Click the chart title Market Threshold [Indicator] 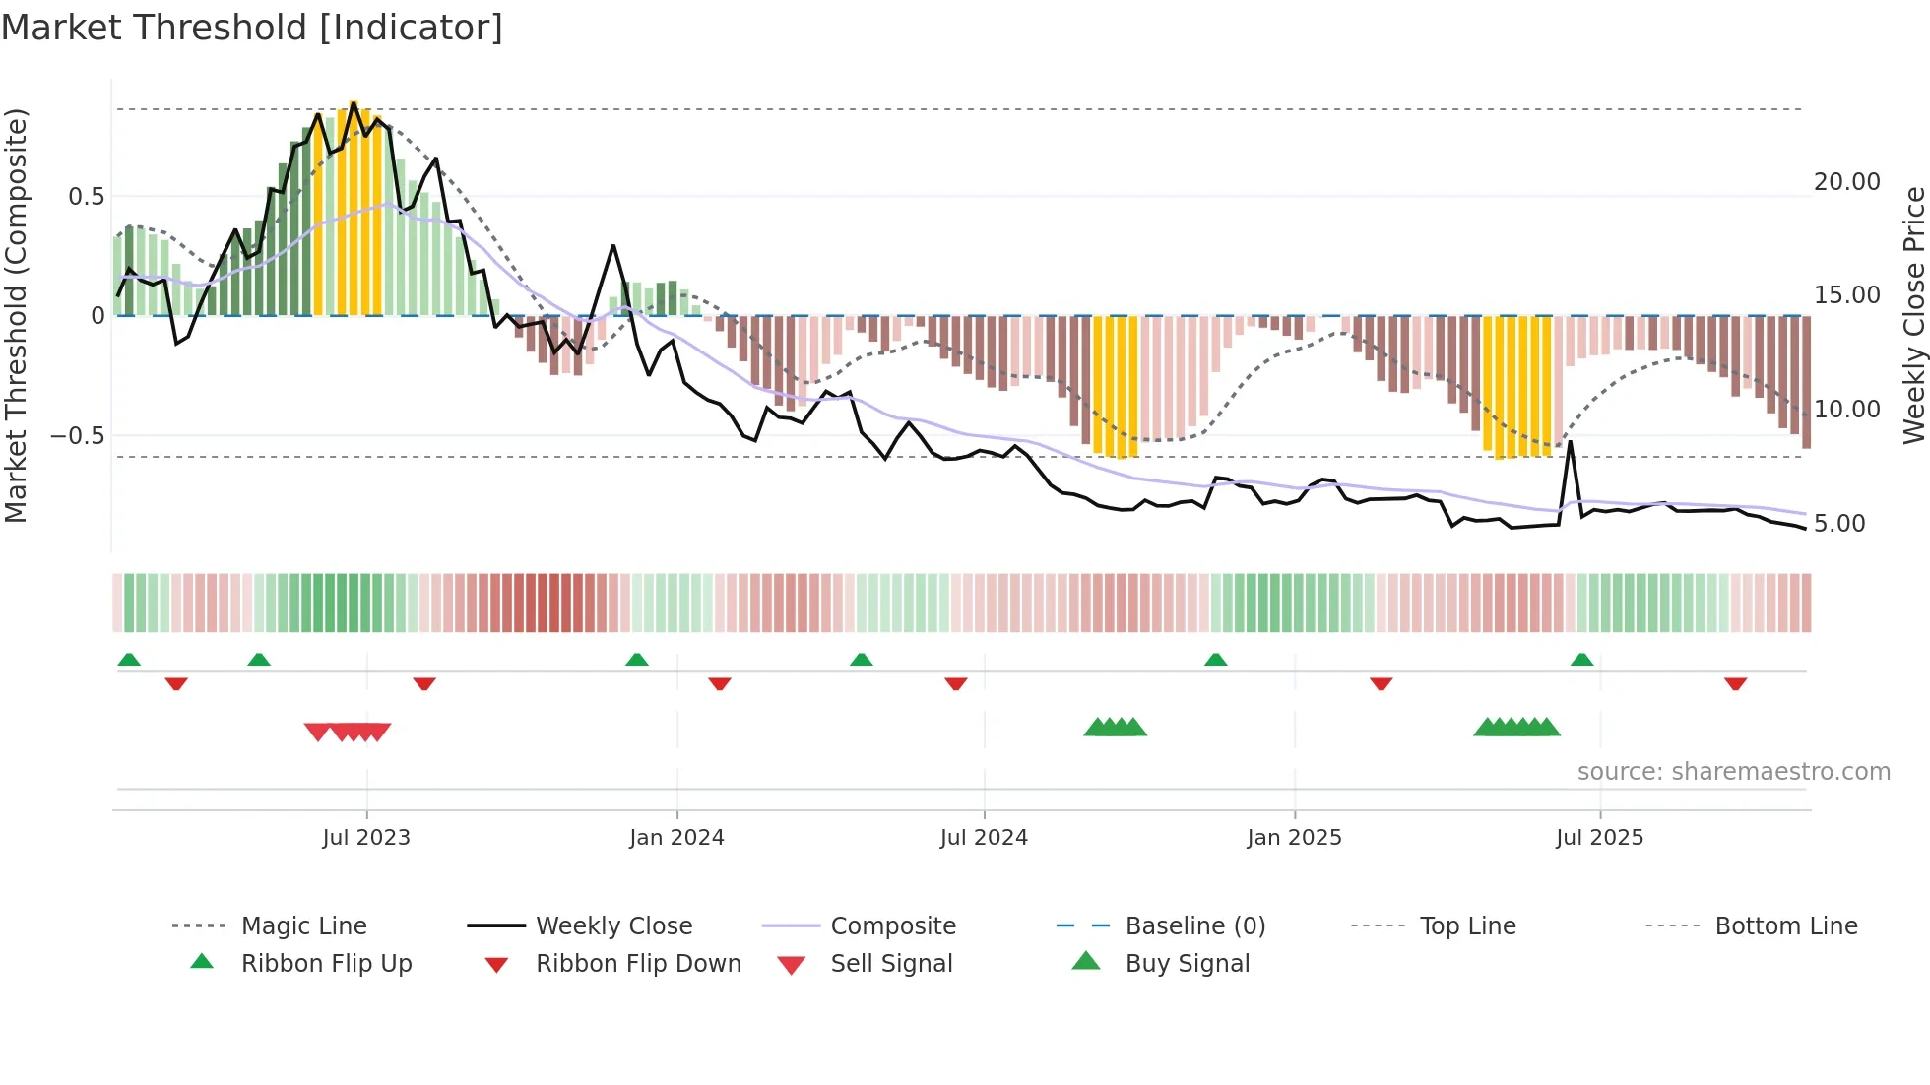pyautogui.click(x=252, y=28)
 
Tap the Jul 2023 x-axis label pyautogui.click(x=365, y=838)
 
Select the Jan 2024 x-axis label pyautogui.click(x=676, y=838)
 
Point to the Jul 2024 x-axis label pyautogui.click(x=984, y=838)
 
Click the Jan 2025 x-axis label pyautogui.click(x=1294, y=838)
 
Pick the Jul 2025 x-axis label pyautogui.click(x=1599, y=838)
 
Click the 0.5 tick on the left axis pyautogui.click(x=86, y=197)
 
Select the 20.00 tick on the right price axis pyautogui.click(x=1846, y=182)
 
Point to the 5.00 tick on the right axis pyautogui.click(x=1839, y=524)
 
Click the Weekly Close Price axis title pyautogui.click(x=1913, y=315)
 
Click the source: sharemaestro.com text pyautogui.click(x=1733, y=772)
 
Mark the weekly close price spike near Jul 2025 pyautogui.click(x=1571, y=442)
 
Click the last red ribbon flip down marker pyautogui.click(x=1735, y=683)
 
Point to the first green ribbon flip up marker pyautogui.click(x=129, y=660)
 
